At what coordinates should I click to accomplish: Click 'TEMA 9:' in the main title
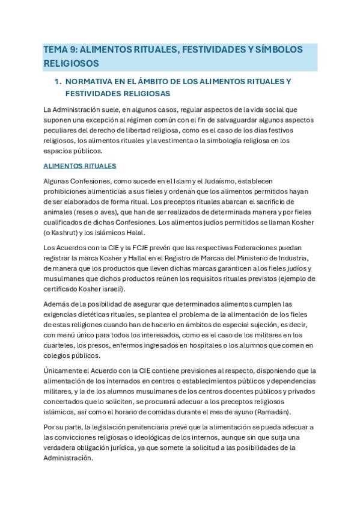coord(61,50)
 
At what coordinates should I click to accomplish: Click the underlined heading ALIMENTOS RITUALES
coord(80,165)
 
